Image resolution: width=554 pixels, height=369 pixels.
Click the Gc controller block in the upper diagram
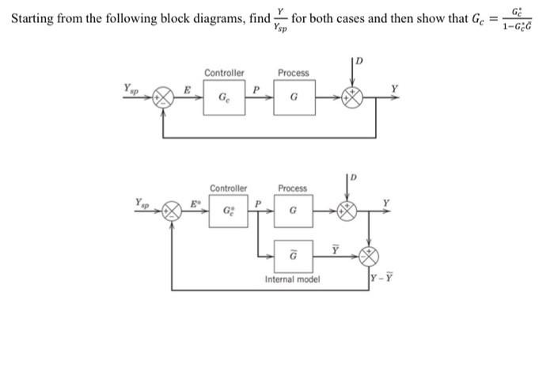pyautogui.click(x=224, y=98)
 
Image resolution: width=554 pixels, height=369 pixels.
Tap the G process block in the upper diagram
pyautogui.click(x=294, y=98)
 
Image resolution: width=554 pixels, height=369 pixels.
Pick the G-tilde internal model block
pyautogui.click(x=293, y=255)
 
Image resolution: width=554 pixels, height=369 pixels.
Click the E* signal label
pyautogui.click(x=192, y=204)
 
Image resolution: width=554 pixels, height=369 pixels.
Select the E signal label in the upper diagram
pyautogui.click(x=187, y=89)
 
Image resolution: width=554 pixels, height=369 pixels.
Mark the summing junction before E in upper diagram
pyautogui.click(x=163, y=99)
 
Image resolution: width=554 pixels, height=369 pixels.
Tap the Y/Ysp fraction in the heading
pyautogui.click(x=279, y=19)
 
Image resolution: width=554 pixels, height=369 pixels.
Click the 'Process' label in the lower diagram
pyautogui.click(x=293, y=188)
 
